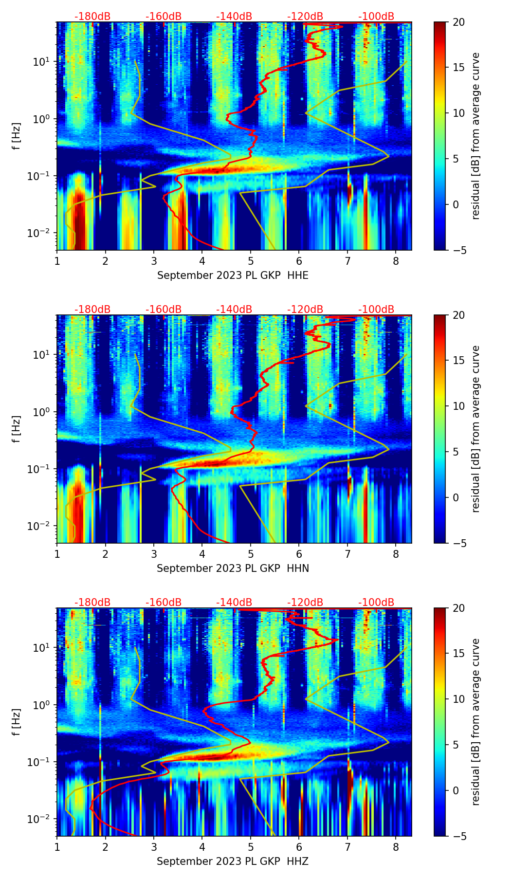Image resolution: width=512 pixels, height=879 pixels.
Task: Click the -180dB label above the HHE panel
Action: (92, 17)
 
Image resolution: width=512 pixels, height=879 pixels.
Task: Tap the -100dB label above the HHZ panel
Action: (376, 603)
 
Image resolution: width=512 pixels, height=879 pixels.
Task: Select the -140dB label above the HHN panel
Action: (234, 310)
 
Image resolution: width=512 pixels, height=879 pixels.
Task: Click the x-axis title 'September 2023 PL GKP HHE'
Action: (233, 275)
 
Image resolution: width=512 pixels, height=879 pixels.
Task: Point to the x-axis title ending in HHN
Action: (233, 568)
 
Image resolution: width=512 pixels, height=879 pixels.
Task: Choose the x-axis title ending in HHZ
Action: (233, 861)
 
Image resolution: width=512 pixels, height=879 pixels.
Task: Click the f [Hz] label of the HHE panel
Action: (17, 136)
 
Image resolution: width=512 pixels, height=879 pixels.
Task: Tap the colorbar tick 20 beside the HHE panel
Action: (458, 22)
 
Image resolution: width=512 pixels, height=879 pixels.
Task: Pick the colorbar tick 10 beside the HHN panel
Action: (458, 406)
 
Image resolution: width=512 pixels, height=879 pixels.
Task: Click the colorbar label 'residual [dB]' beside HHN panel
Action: (476, 429)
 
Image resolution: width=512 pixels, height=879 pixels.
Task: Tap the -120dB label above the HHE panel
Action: (305, 17)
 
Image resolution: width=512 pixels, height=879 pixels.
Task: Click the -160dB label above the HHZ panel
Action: (164, 603)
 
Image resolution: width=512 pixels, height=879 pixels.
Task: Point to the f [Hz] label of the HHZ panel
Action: (17, 722)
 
